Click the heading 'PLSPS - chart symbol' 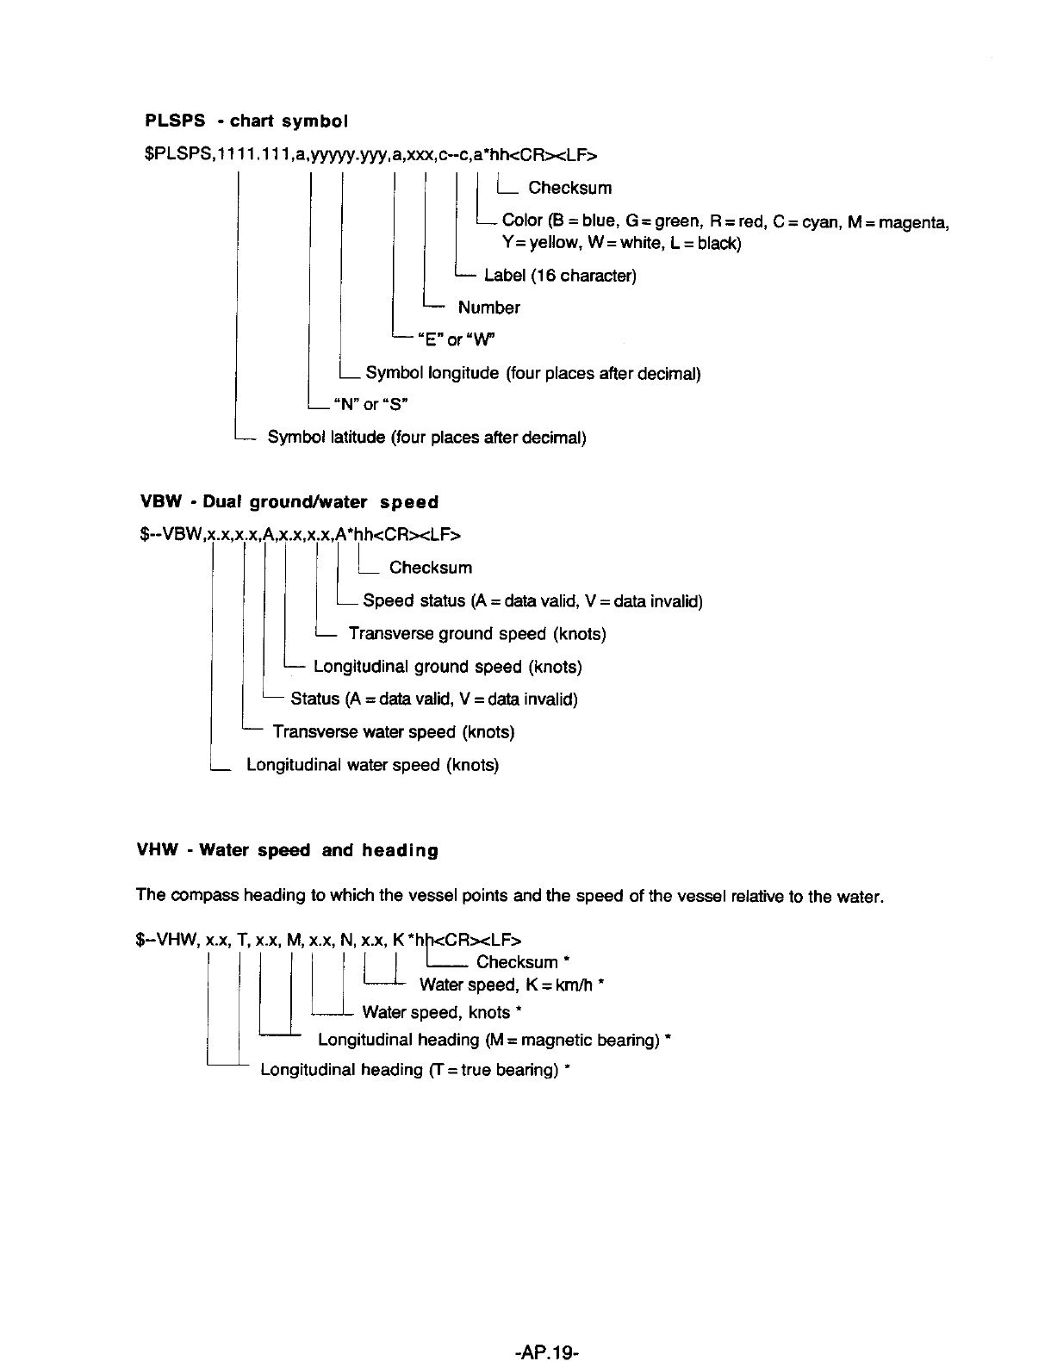(x=246, y=121)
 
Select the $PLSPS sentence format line (x=370, y=154)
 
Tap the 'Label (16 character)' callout (x=560, y=276)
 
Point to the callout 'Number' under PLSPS (x=488, y=308)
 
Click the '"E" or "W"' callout (x=457, y=339)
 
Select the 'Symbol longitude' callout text (x=532, y=373)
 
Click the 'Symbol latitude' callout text (x=426, y=438)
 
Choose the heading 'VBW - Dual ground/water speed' (x=289, y=502)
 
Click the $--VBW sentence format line (x=300, y=535)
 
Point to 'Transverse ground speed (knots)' (x=476, y=634)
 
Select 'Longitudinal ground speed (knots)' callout (x=447, y=667)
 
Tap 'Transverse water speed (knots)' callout (x=393, y=732)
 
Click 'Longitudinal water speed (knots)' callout (x=372, y=765)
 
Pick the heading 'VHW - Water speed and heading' (x=288, y=851)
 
